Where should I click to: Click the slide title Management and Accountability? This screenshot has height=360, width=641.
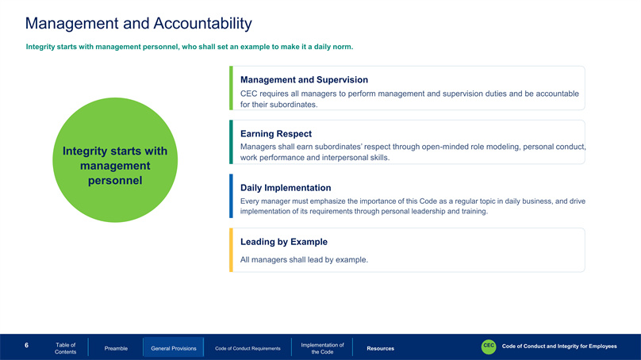[139, 24]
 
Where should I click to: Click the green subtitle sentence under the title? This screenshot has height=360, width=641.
[190, 47]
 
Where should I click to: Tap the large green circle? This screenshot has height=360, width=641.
[115, 159]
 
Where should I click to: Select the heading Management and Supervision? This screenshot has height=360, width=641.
[304, 79]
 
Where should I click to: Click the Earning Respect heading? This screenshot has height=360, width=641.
[276, 134]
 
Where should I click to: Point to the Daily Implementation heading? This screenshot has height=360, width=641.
[286, 188]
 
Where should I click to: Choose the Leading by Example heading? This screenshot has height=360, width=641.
[284, 242]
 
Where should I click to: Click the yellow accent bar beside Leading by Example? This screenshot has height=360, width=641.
[231, 250]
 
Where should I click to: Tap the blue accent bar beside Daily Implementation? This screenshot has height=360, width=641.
[231, 196]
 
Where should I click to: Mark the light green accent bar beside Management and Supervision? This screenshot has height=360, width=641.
[231, 88]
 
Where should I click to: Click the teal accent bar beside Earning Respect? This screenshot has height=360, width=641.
[231, 142]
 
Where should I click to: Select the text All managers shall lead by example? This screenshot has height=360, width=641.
[304, 259]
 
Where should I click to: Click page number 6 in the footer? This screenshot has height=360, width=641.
[26, 345]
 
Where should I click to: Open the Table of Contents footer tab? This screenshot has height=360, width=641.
[65, 348]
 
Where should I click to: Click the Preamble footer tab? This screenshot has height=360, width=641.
[116, 348]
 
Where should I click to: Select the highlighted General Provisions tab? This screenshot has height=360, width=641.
[173, 348]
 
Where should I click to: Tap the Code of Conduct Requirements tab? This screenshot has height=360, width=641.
[248, 348]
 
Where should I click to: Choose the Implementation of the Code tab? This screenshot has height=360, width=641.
[322, 348]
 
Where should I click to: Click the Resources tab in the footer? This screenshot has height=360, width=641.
[380, 348]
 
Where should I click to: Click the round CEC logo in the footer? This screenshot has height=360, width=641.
[489, 347]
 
